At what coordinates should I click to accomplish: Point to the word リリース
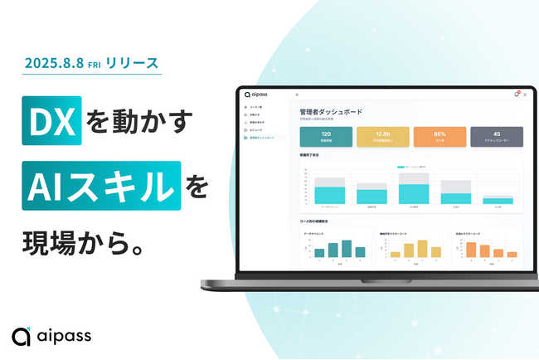pos(132,63)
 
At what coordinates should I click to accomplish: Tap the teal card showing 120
pos(326,136)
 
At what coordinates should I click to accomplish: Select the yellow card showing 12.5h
pos(383,136)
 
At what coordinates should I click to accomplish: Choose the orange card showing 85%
pos(439,136)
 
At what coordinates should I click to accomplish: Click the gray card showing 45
pos(496,136)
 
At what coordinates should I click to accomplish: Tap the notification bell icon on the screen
pos(516,94)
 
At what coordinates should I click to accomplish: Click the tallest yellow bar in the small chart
pos(422,249)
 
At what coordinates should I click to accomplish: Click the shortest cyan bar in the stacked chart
pos(498,201)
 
